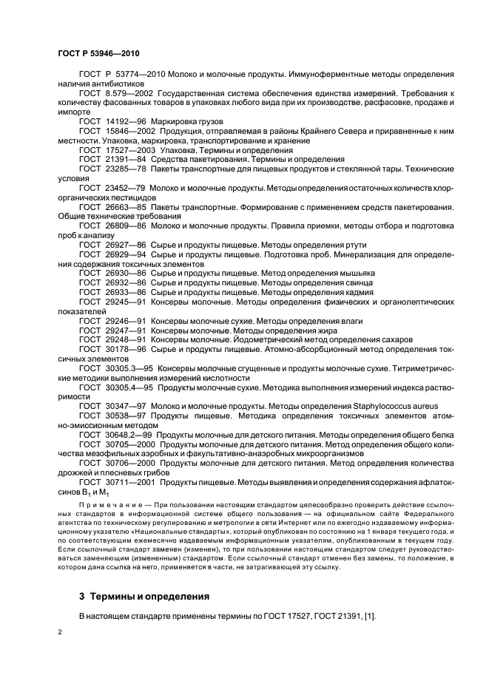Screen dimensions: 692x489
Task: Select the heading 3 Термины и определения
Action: coord(144,595)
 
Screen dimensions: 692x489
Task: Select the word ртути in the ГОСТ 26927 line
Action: coord(353,244)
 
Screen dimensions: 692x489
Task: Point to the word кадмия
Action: coord(355,292)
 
